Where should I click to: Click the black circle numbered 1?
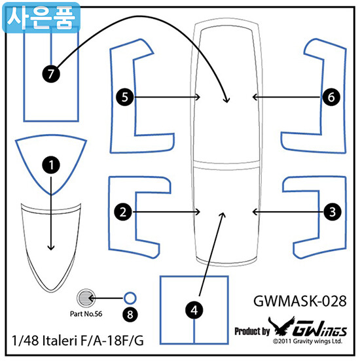coord(51,165)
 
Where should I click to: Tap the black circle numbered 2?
coord(123,212)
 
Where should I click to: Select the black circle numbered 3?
coord(333,212)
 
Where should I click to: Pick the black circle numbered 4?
coord(194,310)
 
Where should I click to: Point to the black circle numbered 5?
coord(125,97)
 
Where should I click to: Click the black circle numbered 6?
coord(331,97)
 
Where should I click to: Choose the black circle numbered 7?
coord(51,74)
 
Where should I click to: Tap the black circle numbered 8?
coord(130,315)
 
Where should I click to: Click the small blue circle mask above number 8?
coord(130,298)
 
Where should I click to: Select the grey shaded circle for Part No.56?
coord(86,298)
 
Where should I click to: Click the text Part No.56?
coord(86,314)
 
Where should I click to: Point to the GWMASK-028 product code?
coord(300,301)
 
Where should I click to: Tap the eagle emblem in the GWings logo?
coord(281,326)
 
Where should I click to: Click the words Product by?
coord(252,332)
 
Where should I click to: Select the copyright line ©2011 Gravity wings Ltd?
coord(308,341)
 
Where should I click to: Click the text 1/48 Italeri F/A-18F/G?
coord(78,341)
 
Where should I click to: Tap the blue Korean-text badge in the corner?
coord(41,18)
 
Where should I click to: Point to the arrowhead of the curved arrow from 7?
coord(226,100)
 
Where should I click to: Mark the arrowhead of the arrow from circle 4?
coord(223,215)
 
